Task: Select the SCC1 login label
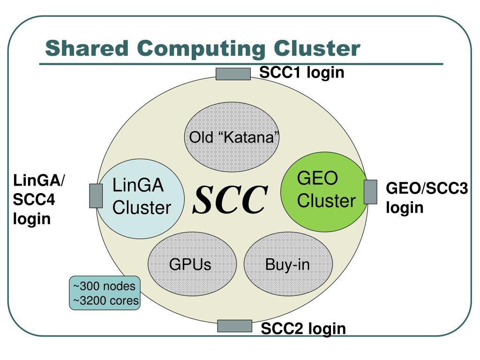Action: [x=302, y=73]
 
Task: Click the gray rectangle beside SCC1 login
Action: [x=233, y=74]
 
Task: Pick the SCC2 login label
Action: [x=303, y=329]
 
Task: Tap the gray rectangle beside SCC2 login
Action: [x=235, y=325]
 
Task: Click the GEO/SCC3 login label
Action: [x=427, y=198]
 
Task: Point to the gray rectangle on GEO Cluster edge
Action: [x=371, y=192]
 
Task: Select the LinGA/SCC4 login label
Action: [x=39, y=199]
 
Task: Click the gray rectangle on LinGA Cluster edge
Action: [x=96, y=195]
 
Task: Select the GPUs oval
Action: [x=190, y=264]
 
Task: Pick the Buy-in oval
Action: [x=287, y=264]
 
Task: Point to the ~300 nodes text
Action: [x=104, y=286]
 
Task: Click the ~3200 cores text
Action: [x=105, y=300]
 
